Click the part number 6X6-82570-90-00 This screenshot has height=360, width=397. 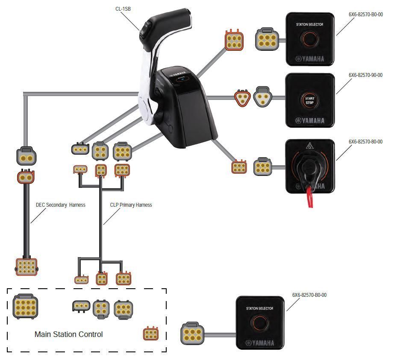coord(365,75)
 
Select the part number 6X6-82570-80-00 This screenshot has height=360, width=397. coord(365,142)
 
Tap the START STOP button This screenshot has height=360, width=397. coord(310,100)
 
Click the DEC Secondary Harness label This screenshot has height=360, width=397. coord(60,205)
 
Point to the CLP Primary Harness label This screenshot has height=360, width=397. coord(131,205)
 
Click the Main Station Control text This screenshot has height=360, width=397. coord(68,334)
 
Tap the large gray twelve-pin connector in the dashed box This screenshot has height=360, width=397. coord(24,306)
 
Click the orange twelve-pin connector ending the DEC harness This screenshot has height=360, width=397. coord(26,266)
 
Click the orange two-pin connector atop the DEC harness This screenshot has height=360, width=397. coord(26,176)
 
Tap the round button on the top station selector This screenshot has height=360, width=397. coord(310,39)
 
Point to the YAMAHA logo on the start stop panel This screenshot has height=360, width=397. coord(310,120)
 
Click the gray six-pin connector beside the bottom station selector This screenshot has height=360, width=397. coord(193,334)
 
